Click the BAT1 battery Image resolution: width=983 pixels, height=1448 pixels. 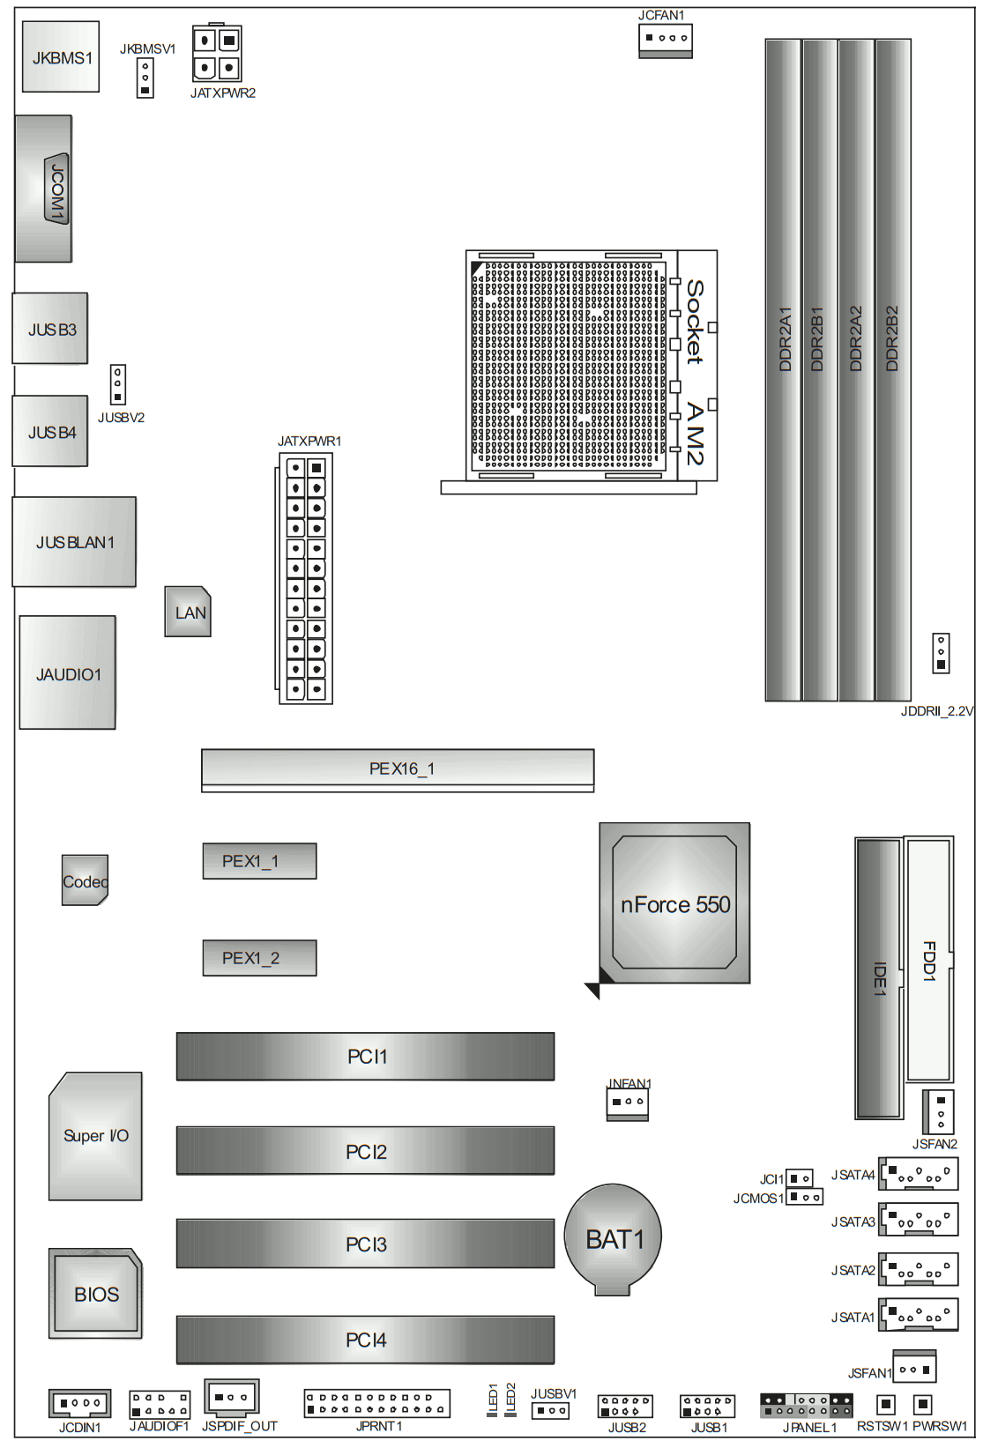click(x=613, y=1238)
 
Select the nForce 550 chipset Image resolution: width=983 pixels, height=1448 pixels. click(x=674, y=903)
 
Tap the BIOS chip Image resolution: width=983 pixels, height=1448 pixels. click(x=95, y=1293)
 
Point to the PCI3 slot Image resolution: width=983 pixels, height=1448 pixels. click(x=365, y=1243)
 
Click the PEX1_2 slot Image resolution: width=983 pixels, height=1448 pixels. click(x=259, y=957)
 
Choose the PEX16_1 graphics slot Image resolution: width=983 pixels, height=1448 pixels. click(x=398, y=770)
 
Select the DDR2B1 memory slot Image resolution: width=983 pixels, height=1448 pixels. click(x=819, y=370)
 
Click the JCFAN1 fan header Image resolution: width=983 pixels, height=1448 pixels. click(x=666, y=41)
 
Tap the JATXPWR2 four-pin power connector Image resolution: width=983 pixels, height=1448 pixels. click(x=217, y=54)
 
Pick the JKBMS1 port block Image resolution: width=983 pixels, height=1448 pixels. click(x=61, y=56)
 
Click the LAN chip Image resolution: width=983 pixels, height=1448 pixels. click(x=188, y=612)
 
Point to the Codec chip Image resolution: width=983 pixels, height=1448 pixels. click(x=85, y=880)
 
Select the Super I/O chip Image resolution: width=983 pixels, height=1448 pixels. click(x=95, y=1136)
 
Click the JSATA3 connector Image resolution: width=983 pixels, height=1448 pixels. click(x=918, y=1219)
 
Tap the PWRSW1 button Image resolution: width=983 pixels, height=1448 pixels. click(x=922, y=1404)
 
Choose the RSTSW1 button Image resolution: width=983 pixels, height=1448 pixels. click(x=886, y=1404)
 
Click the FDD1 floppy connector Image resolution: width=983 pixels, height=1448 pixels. click(x=928, y=959)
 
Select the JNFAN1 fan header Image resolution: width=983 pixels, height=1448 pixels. click(x=628, y=1103)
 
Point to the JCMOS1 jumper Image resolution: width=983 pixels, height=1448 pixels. click(x=805, y=1197)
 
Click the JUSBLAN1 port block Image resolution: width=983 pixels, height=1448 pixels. click(x=74, y=542)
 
